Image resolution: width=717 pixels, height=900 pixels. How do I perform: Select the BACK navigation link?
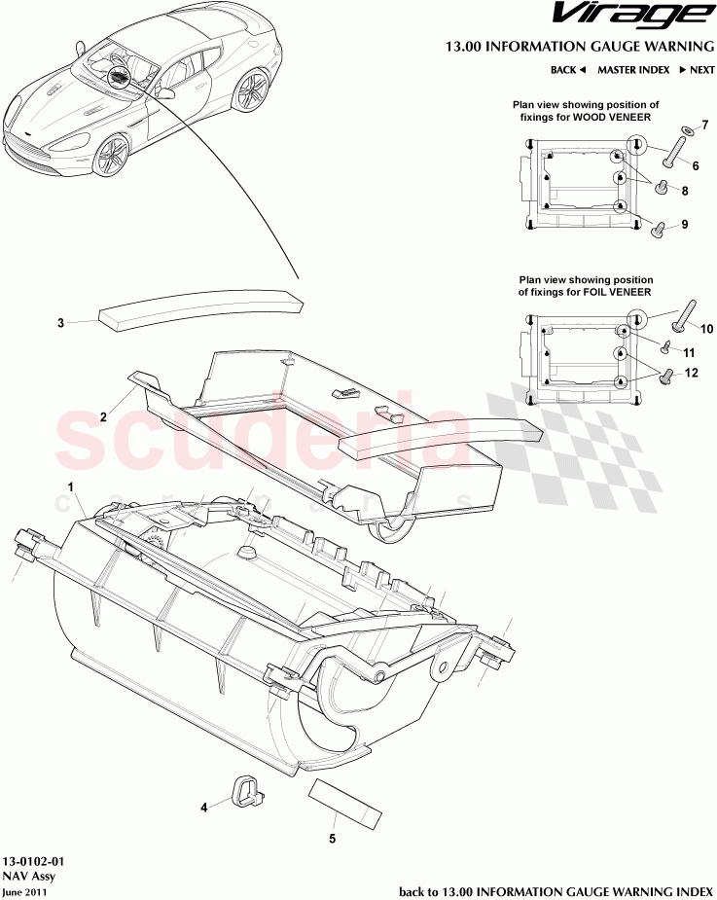pyautogui.click(x=567, y=70)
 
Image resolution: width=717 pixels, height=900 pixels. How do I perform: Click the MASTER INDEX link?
pyautogui.click(x=633, y=70)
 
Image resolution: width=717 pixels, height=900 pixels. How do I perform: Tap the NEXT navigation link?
pyautogui.click(x=697, y=70)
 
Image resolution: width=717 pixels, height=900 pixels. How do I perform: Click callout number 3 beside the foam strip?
pyautogui.click(x=60, y=323)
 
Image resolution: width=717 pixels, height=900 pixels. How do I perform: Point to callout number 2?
pyautogui.click(x=102, y=417)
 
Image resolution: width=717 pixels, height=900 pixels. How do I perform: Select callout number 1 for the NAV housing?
pyautogui.click(x=70, y=486)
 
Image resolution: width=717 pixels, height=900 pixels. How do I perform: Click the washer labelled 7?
pyautogui.click(x=688, y=129)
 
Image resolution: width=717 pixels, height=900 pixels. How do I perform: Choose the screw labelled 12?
pyautogui.click(x=666, y=375)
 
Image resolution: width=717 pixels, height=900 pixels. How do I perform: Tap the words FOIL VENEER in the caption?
pyautogui.click(x=615, y=292)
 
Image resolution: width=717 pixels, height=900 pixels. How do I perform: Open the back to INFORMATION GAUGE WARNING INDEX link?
pyautogui.click(x=556, y=890)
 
